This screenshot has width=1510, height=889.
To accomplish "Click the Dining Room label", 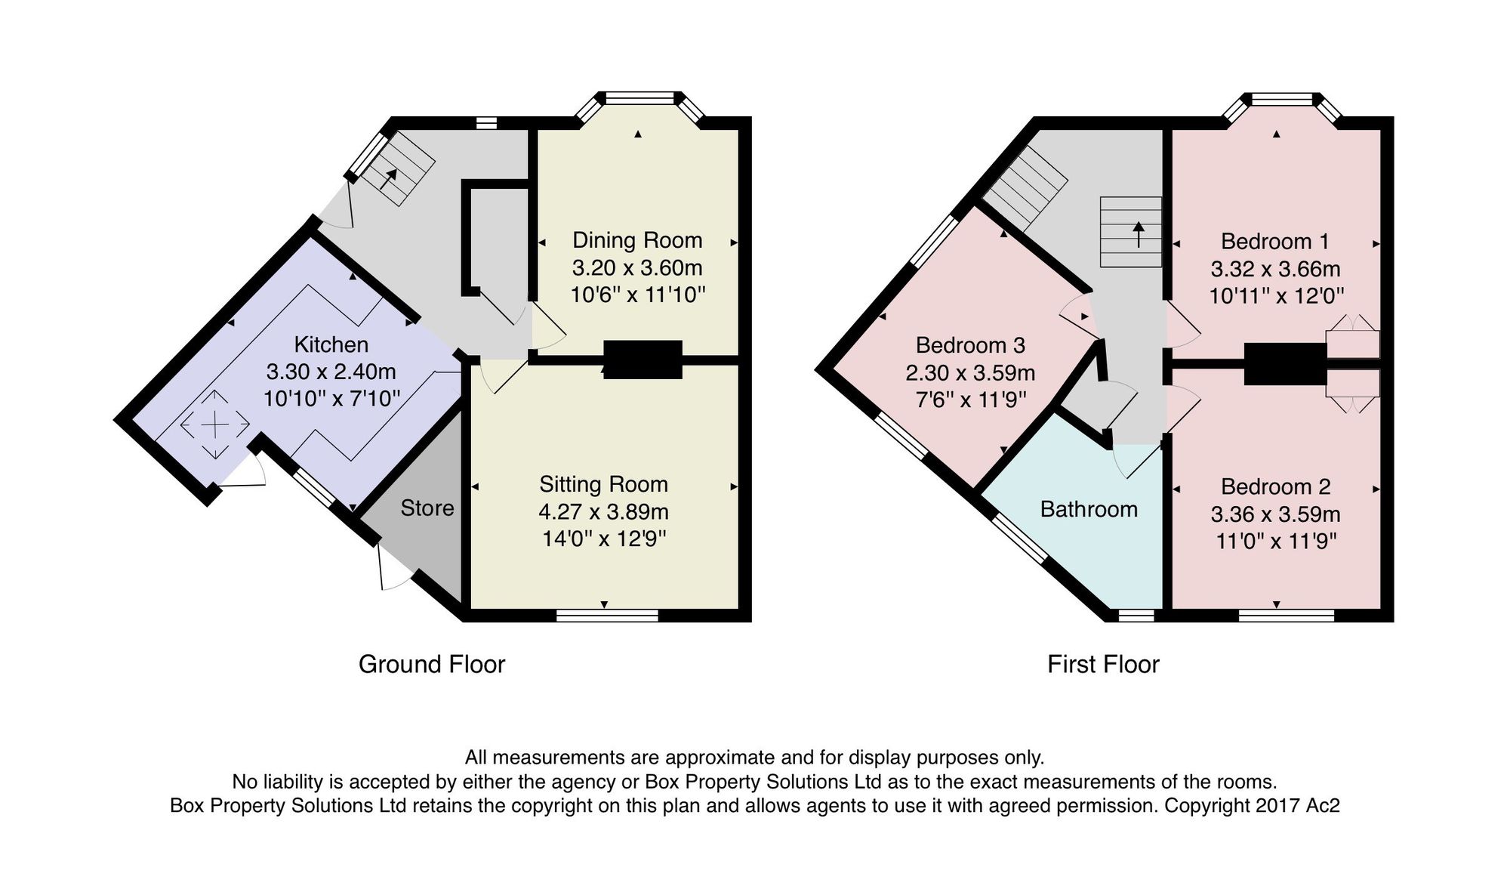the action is pos(637,240).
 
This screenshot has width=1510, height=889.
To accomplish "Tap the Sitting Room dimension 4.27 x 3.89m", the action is pos(603,512).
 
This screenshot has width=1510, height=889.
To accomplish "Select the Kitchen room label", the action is pos(331,344).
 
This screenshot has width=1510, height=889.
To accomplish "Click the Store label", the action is pos(427,508).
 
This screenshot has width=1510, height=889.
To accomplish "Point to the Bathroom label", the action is pos(1089,509).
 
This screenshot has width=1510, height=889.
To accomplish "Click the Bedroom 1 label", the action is pos(1274,242).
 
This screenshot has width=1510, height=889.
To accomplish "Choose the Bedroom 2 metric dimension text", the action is pos(1275,514).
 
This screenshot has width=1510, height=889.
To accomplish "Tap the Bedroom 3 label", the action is pos(970,345).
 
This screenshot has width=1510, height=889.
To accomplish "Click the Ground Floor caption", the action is pos(432,664).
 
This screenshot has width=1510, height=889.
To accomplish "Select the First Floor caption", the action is pos(1103,664).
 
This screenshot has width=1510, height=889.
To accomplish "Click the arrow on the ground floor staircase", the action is pos(389,178).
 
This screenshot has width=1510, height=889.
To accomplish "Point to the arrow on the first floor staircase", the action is pos(1139,234).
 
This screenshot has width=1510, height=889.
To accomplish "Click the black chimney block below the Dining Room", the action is pos(643,360).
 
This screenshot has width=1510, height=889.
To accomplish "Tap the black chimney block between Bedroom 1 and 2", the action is pos(1285,363).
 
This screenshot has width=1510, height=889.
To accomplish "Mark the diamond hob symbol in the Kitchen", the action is pos(215,424).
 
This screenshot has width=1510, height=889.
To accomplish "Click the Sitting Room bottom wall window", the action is pos(607,616).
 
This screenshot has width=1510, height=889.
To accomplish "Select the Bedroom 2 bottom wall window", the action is pos(1286,616).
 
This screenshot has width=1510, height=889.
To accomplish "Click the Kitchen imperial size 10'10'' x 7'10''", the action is pos(331,398).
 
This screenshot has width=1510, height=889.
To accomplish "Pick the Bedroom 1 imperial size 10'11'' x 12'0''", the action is pos(1276,295).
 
